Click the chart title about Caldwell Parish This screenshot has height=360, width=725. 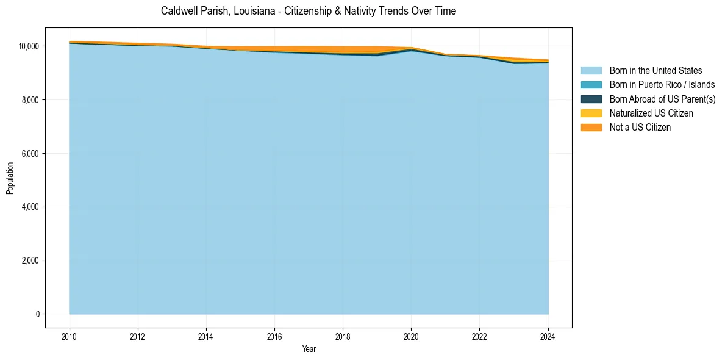point(308,11)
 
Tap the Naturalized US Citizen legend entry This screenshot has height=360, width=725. point(651,113)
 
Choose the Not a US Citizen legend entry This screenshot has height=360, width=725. point(640,128)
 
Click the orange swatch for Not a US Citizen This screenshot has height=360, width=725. point(591,128)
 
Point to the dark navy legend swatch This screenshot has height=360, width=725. point(591,99)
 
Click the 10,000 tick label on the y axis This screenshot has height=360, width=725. point(28,46)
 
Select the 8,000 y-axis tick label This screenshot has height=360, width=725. point(30,100)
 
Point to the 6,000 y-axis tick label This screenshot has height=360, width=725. point(30,154)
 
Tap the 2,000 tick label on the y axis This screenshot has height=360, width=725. point(30,261)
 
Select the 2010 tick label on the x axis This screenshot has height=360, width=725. point(70,336)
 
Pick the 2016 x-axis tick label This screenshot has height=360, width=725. point(274,336)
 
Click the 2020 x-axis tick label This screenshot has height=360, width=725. point(411,336)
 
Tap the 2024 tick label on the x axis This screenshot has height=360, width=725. point(548,336)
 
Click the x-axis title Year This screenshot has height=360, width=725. point(309,349)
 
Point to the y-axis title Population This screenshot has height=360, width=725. point(10,178)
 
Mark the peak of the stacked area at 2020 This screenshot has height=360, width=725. point(411,48)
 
